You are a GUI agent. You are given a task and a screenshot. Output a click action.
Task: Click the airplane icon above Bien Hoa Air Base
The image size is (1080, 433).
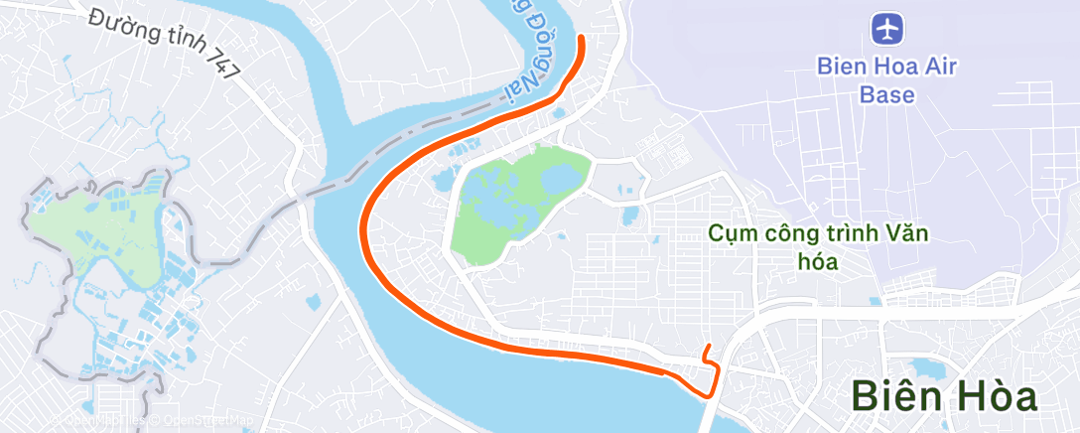[x=886, y=28]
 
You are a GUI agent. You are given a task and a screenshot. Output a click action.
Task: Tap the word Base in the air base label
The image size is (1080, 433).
[x=886, y=95]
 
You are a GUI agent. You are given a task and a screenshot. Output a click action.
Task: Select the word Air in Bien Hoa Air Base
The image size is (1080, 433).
[x=939, y=68]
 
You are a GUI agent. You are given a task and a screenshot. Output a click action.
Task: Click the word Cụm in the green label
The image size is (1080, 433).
[x=729, y=235]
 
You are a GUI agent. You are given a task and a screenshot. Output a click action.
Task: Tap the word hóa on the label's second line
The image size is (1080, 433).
[x=819, y=262]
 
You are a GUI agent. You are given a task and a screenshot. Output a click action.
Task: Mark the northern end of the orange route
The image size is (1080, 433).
[x=583, y=38]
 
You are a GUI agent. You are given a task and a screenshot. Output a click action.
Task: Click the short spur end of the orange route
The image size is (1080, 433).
[x=707, y=346]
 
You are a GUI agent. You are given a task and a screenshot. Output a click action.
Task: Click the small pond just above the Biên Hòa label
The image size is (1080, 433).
[x=926, y=368]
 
